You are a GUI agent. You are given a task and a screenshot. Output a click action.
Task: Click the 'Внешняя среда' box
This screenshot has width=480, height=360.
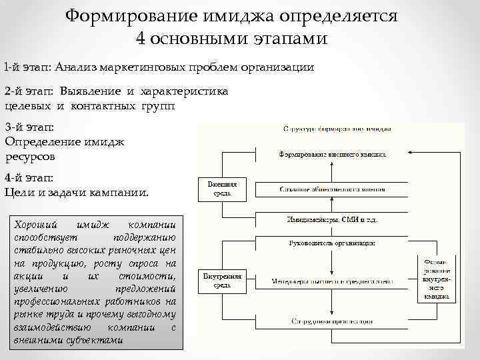coord(222,188)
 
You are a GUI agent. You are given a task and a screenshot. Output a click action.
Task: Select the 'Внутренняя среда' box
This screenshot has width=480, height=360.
coord(222,281)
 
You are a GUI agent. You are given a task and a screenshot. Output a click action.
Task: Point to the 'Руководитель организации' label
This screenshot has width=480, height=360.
coord(331,243)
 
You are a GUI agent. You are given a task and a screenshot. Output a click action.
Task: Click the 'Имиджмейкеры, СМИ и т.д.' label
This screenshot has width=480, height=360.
coord(331,219)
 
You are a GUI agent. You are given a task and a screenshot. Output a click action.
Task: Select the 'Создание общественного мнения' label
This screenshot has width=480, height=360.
coord(331,189)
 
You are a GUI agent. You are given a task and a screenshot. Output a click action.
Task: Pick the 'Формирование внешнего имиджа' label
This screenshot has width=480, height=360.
coord(331,153)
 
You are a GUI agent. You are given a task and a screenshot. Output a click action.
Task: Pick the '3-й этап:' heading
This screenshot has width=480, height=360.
coord(29,127)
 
